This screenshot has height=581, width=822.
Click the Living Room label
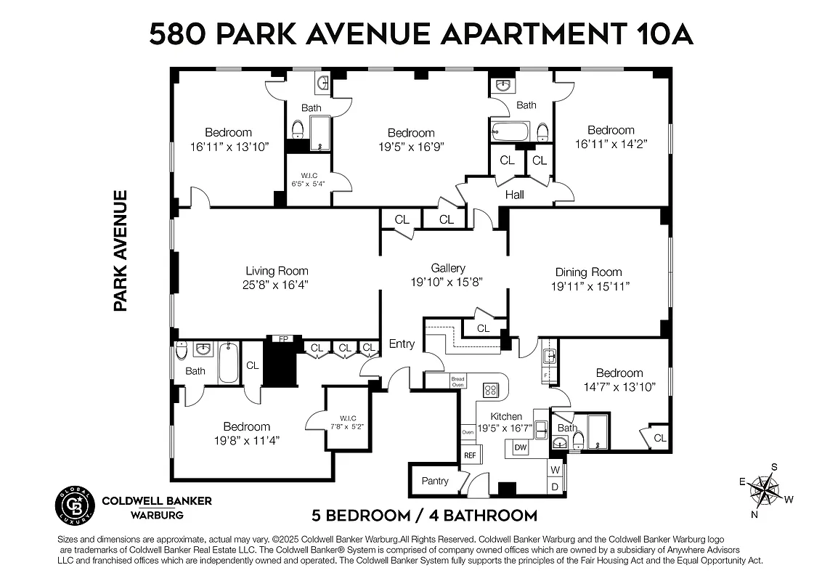click(x=277, y=271)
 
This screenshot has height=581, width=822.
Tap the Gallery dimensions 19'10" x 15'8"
click(x=447, y=282)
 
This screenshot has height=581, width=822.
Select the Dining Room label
click(x=589, y=272)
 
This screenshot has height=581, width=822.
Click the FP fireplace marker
click(x=280, y=338)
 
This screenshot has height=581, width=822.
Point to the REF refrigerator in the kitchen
click(x=470, y=455)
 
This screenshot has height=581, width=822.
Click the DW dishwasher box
click(x=520, y=448)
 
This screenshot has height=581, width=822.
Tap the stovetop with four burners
click(x=491, y=390)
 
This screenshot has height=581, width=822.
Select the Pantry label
click(x=435, y=481)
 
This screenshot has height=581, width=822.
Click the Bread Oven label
click(x=457, y=381)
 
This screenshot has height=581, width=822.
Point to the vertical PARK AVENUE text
click(x=121, y=251)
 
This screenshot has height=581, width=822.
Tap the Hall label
click(x=515, y=194)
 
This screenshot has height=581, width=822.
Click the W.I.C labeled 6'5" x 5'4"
click(x=308, y=179)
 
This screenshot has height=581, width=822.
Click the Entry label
click(x=402, y=344)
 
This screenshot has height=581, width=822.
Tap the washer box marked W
click(x=556, y=471)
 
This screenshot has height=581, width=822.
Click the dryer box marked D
click(x=556, y=487)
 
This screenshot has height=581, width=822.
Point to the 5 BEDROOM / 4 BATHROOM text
click(x=425, y=516)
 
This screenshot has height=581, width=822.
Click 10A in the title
click(x=658, y=34)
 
